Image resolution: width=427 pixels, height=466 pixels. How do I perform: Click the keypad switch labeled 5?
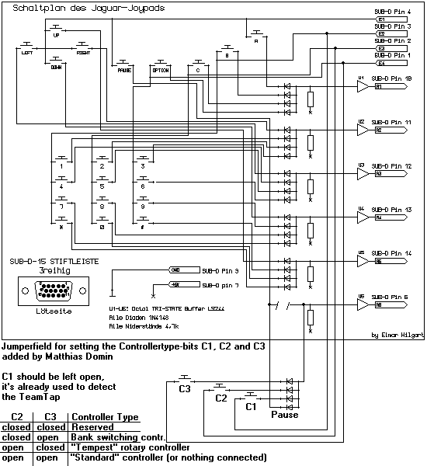(x=102, y=186)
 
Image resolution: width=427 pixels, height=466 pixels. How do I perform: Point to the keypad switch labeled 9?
(x=142, y=207)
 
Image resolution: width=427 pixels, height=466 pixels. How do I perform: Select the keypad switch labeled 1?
(x=61, y=165)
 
